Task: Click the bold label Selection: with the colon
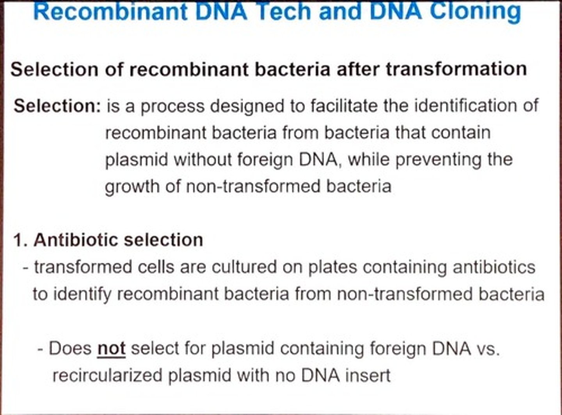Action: pos(57,106)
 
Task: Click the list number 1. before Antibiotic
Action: pos(21,240)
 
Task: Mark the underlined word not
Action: pos(111,348)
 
